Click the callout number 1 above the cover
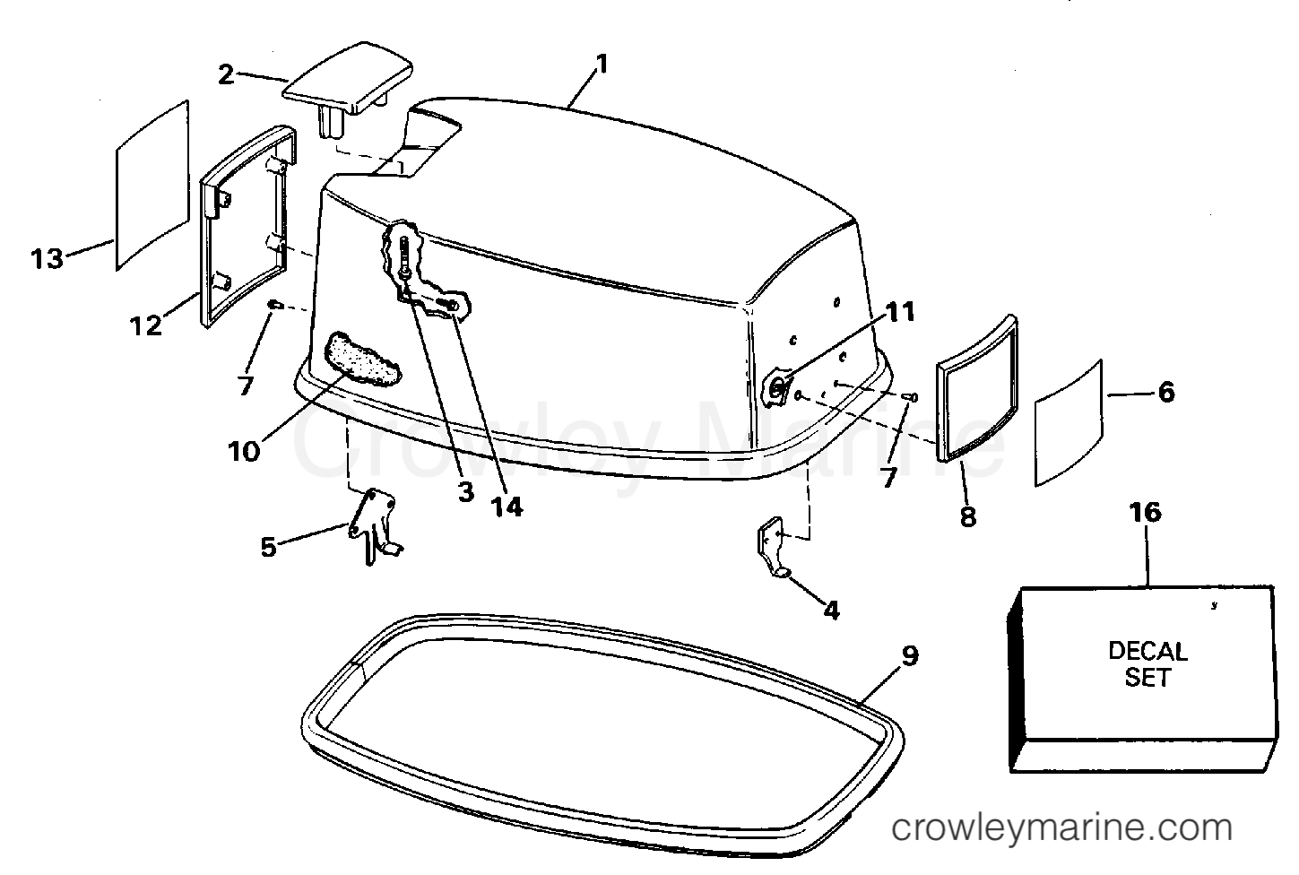602,64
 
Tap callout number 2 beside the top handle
226,75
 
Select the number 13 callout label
47,258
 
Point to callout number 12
145,325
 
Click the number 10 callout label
244,451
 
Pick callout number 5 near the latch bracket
269,547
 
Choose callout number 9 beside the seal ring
910,656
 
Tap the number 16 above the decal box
1146,513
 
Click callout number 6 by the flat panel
1166,393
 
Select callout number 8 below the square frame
968,516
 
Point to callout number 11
899,312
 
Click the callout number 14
507,507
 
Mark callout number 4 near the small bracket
832,610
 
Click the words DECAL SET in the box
1147,664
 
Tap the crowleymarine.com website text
1061,827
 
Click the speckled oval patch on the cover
360,360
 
